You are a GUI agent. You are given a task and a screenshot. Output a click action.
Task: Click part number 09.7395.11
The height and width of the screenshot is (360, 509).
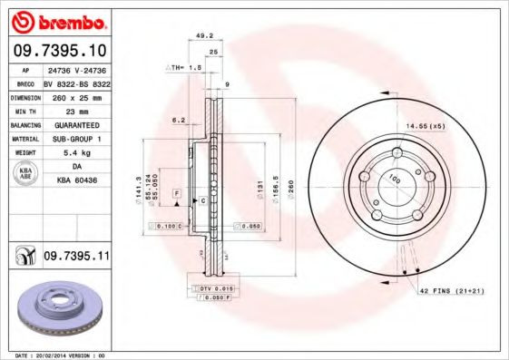[x=77, y=258]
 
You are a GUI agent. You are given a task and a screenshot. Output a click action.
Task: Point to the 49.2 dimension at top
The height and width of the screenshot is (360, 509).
[x=204, y=36]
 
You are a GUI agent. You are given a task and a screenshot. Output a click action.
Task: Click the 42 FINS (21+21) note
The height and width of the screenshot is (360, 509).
[x=452, y=290]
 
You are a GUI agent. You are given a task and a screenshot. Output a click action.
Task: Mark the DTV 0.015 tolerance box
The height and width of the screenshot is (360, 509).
[x=212, y=287]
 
